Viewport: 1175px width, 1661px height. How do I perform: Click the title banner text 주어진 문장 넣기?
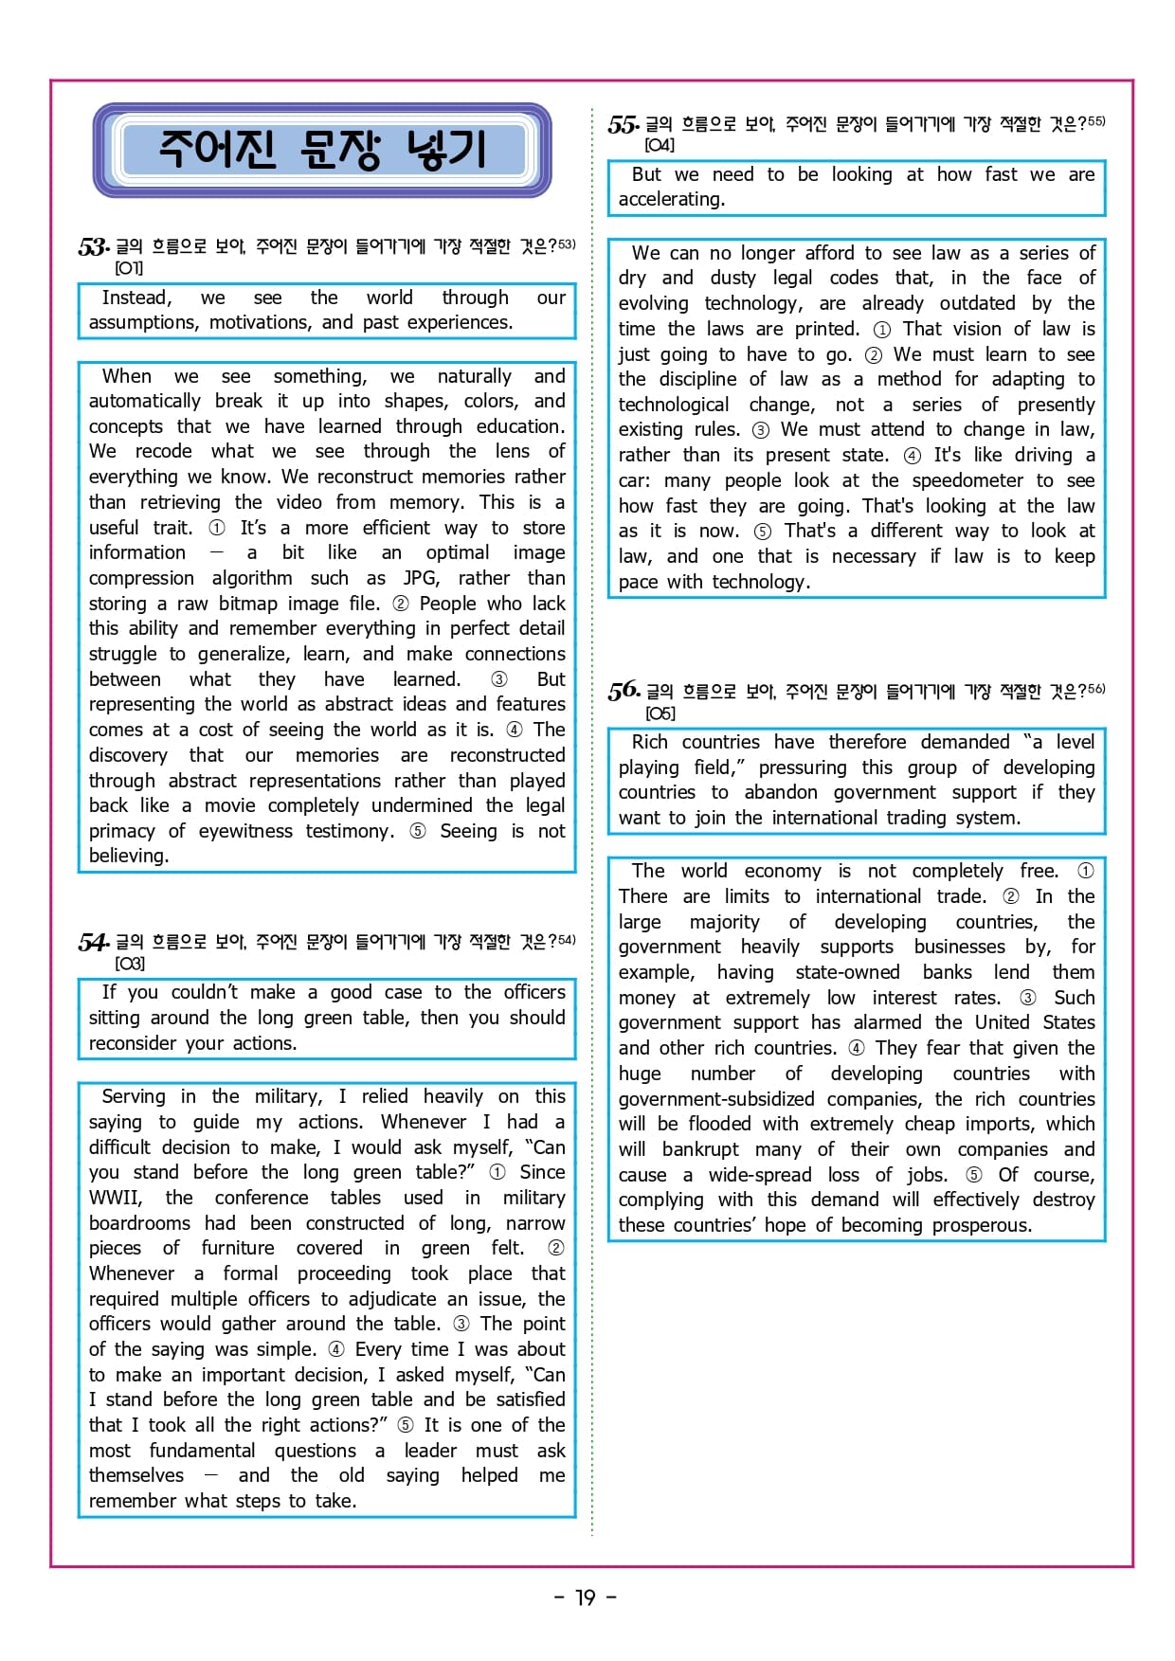point(321,150)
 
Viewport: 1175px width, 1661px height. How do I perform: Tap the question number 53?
point(93,247)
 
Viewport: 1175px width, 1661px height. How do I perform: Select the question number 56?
point(624,691)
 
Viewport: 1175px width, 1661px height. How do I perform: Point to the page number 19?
point(586,1598)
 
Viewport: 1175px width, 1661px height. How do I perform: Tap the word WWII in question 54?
point(115,1198)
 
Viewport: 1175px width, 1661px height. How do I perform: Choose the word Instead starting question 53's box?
point(136,298)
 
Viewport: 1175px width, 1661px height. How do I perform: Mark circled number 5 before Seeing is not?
point(418,831)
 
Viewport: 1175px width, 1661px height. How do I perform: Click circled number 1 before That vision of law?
point(882,330)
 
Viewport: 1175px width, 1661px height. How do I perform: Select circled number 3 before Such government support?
point(1028,998)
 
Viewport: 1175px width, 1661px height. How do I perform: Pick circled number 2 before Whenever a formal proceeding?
point(556,1248)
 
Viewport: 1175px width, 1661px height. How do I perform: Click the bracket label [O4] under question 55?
point(660,145)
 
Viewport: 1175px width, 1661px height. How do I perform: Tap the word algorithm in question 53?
point(252,578)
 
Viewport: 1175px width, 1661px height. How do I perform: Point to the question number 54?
point(93,942)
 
